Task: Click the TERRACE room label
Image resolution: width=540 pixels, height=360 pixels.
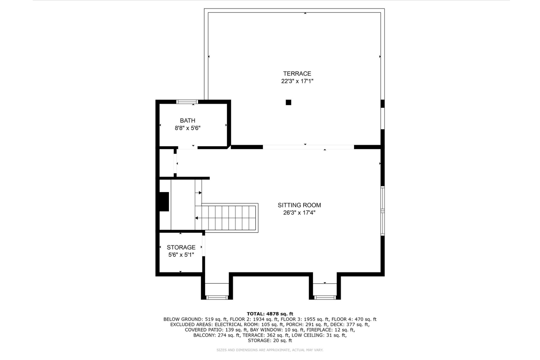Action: click(297, 73)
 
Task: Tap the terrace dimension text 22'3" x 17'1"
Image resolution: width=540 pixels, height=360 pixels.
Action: click(297, 81)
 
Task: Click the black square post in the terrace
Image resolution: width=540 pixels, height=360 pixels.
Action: click(288, 102)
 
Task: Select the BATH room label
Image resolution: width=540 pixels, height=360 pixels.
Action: click(187, 121)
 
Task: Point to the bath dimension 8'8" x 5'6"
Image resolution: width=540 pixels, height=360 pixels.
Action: click(187, 128)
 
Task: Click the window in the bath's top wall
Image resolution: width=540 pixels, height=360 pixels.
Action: click(187, 102)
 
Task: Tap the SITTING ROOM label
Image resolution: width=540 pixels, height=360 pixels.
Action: click(299, 205)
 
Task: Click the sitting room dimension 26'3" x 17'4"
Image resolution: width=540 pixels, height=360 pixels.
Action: click(299, 213)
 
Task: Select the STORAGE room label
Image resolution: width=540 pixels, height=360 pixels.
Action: click(181, 247)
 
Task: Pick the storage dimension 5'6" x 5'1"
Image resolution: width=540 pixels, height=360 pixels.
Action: click(181, 255)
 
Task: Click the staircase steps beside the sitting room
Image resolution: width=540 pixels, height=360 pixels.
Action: click(229, 218)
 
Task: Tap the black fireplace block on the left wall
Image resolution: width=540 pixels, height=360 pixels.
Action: click(164, 202)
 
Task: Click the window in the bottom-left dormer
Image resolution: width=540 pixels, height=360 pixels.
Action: click(217, 297)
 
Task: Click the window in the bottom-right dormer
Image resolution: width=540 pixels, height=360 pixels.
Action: click(325, 297)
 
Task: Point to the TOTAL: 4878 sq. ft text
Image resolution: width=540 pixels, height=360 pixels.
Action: click(270, 314)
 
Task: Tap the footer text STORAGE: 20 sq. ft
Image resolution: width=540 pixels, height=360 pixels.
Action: click(270, 340)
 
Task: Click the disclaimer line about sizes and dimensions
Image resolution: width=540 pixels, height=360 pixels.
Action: click(270, 350)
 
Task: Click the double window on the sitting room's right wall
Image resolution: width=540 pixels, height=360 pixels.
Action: click(382, 211)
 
